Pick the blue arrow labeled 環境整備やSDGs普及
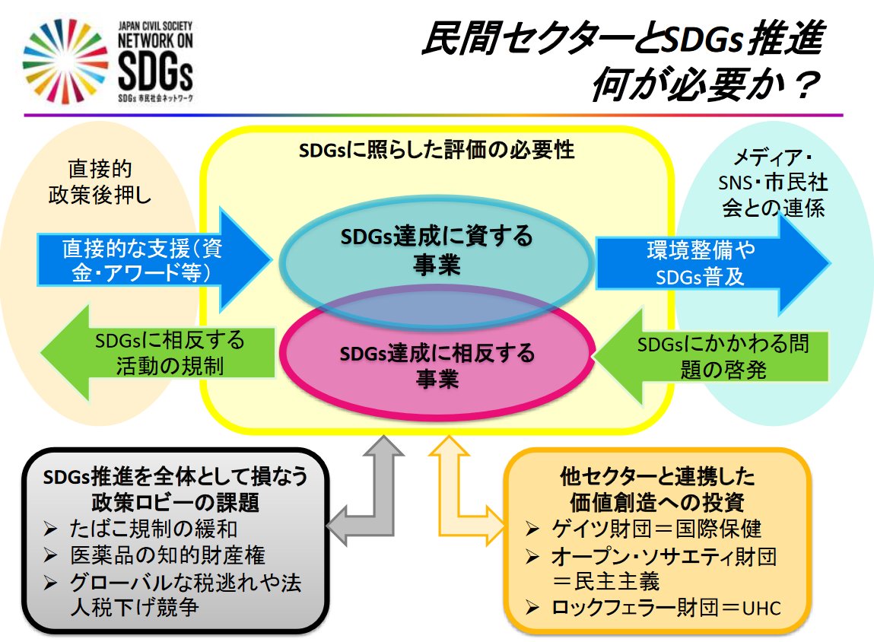[707, 262]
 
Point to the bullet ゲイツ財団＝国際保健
[655, 527]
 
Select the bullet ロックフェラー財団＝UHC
[666, 607]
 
